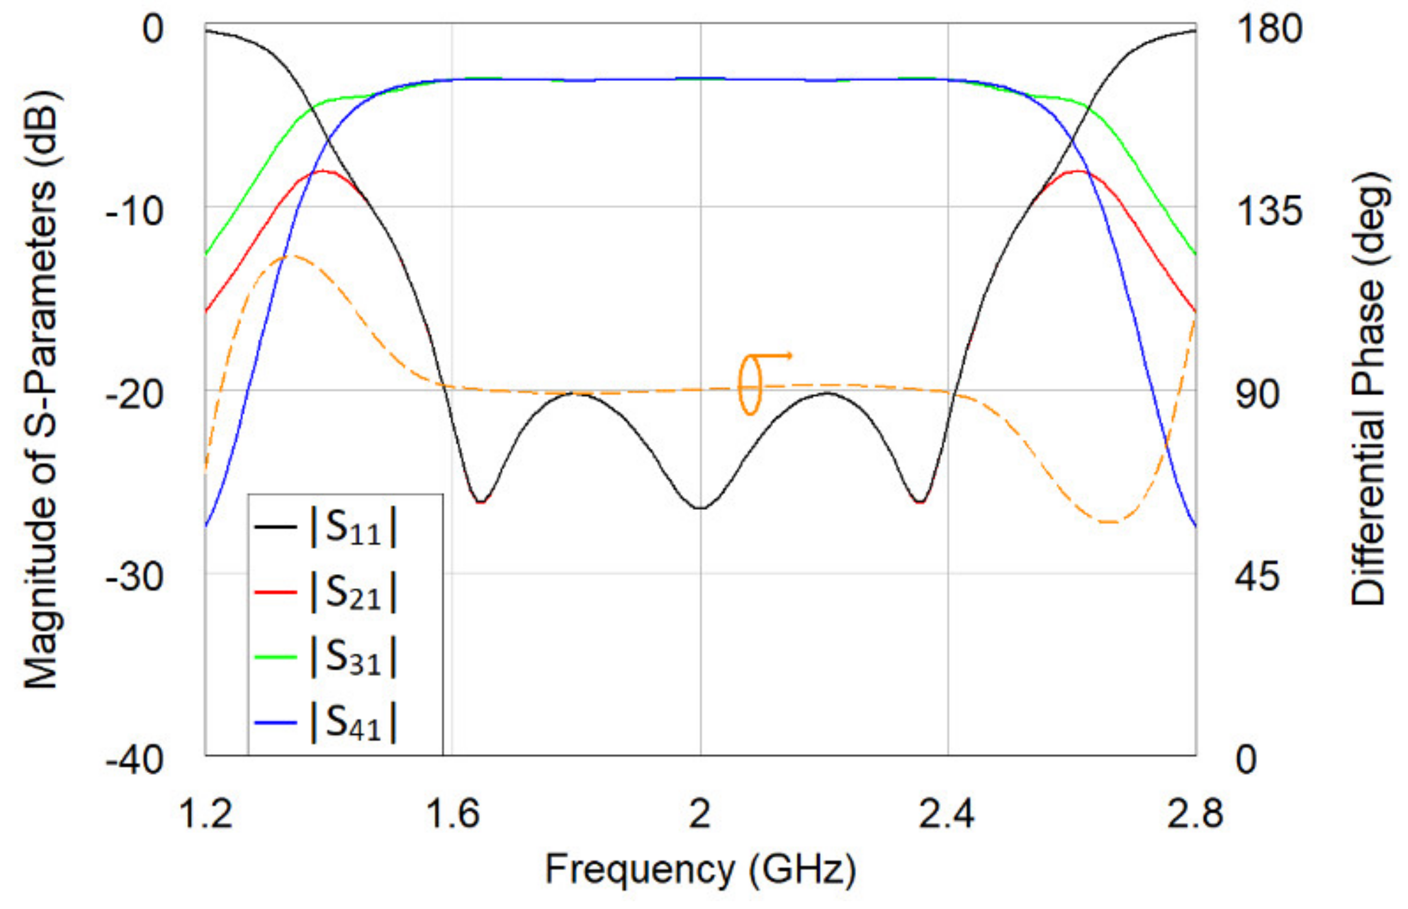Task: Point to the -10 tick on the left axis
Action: pyautogui.click(x=135, y=212)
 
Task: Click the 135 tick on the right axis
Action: pyautogui.click(x=1269, y=211)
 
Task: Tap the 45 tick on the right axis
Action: pyautogui.click(x=1258, y=576)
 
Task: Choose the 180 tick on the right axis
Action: pyautogui.click(x=1269, y=29)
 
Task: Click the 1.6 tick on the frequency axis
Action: pyautogui.click(x=452, y=814)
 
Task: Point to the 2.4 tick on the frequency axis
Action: pyautogui.click(x=947, y=814)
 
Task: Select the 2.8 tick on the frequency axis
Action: pyautogui.click(x=1194, y=814)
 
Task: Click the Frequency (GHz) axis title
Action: pyautogui.click(x=700, y=869)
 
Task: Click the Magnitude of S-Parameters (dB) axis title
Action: pyautogui.click(x=41, y=389)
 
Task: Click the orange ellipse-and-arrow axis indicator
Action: pyautogui.click(x=758, y=384)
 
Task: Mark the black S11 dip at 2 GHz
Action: pyautogui.click(x=700, y=508)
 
